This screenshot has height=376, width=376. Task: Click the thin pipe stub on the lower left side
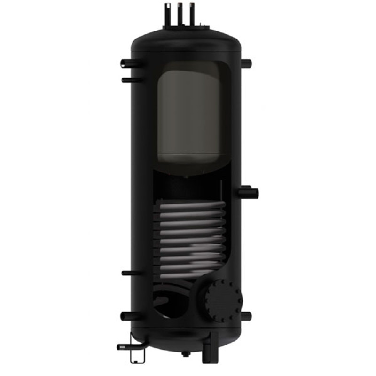point(128,273)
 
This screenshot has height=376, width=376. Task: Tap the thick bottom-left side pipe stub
point(127,315)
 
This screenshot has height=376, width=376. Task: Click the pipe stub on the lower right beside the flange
point(248,315)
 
